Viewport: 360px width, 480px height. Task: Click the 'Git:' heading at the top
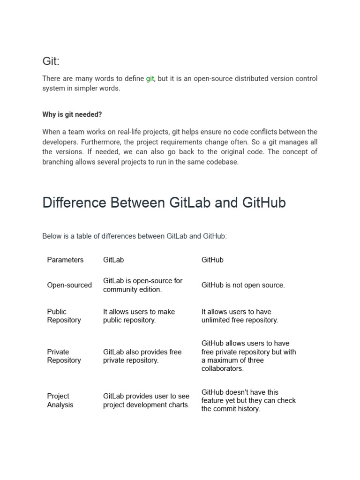[51, 61]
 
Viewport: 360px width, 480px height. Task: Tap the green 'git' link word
[150, 79]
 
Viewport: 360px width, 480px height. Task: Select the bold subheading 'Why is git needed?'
[72, 114]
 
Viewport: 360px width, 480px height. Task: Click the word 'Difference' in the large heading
[74, 203]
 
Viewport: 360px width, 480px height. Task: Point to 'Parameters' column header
[65, 260]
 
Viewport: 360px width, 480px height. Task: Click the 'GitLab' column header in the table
[113, 260]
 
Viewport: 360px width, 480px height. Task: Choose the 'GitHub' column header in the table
[212, 260]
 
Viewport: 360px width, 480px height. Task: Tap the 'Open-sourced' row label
[69, 285]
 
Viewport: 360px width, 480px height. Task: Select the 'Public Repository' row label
[64, 316]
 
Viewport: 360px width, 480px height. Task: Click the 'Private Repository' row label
[64, 356]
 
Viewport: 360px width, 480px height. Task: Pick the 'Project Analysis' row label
[60, 401]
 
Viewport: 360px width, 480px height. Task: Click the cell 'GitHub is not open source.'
[243, 285]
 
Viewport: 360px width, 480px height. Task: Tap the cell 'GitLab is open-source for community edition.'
[142, 285]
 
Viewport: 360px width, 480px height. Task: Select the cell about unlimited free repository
[240, 316]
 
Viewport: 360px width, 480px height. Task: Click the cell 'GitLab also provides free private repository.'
[142, 356]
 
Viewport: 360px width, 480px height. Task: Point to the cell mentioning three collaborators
[248, 356]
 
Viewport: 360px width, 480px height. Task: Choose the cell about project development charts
[146, 401]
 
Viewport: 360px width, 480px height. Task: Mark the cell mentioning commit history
[248, 400]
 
